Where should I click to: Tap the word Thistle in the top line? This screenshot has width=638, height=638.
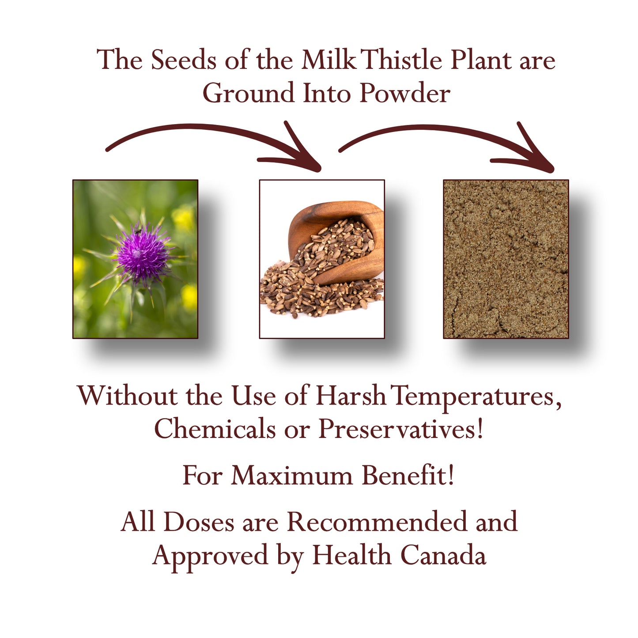[403, 60]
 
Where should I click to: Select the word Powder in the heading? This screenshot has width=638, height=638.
[405, 94]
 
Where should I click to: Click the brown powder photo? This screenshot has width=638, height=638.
[506, 259]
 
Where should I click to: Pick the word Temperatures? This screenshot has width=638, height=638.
[476, 396]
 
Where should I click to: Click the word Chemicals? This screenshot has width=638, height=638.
[215, 429]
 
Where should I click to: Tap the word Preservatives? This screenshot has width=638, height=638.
[401, 429]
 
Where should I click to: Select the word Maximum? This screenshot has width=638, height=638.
[292, 476]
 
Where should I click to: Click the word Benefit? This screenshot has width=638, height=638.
[408, 476]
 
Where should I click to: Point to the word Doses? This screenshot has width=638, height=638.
[199, 522]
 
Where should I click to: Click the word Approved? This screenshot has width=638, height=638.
[210, 556]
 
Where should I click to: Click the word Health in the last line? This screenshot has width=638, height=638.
[351, 555]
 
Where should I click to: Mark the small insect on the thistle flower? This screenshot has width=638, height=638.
[138, 231]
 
